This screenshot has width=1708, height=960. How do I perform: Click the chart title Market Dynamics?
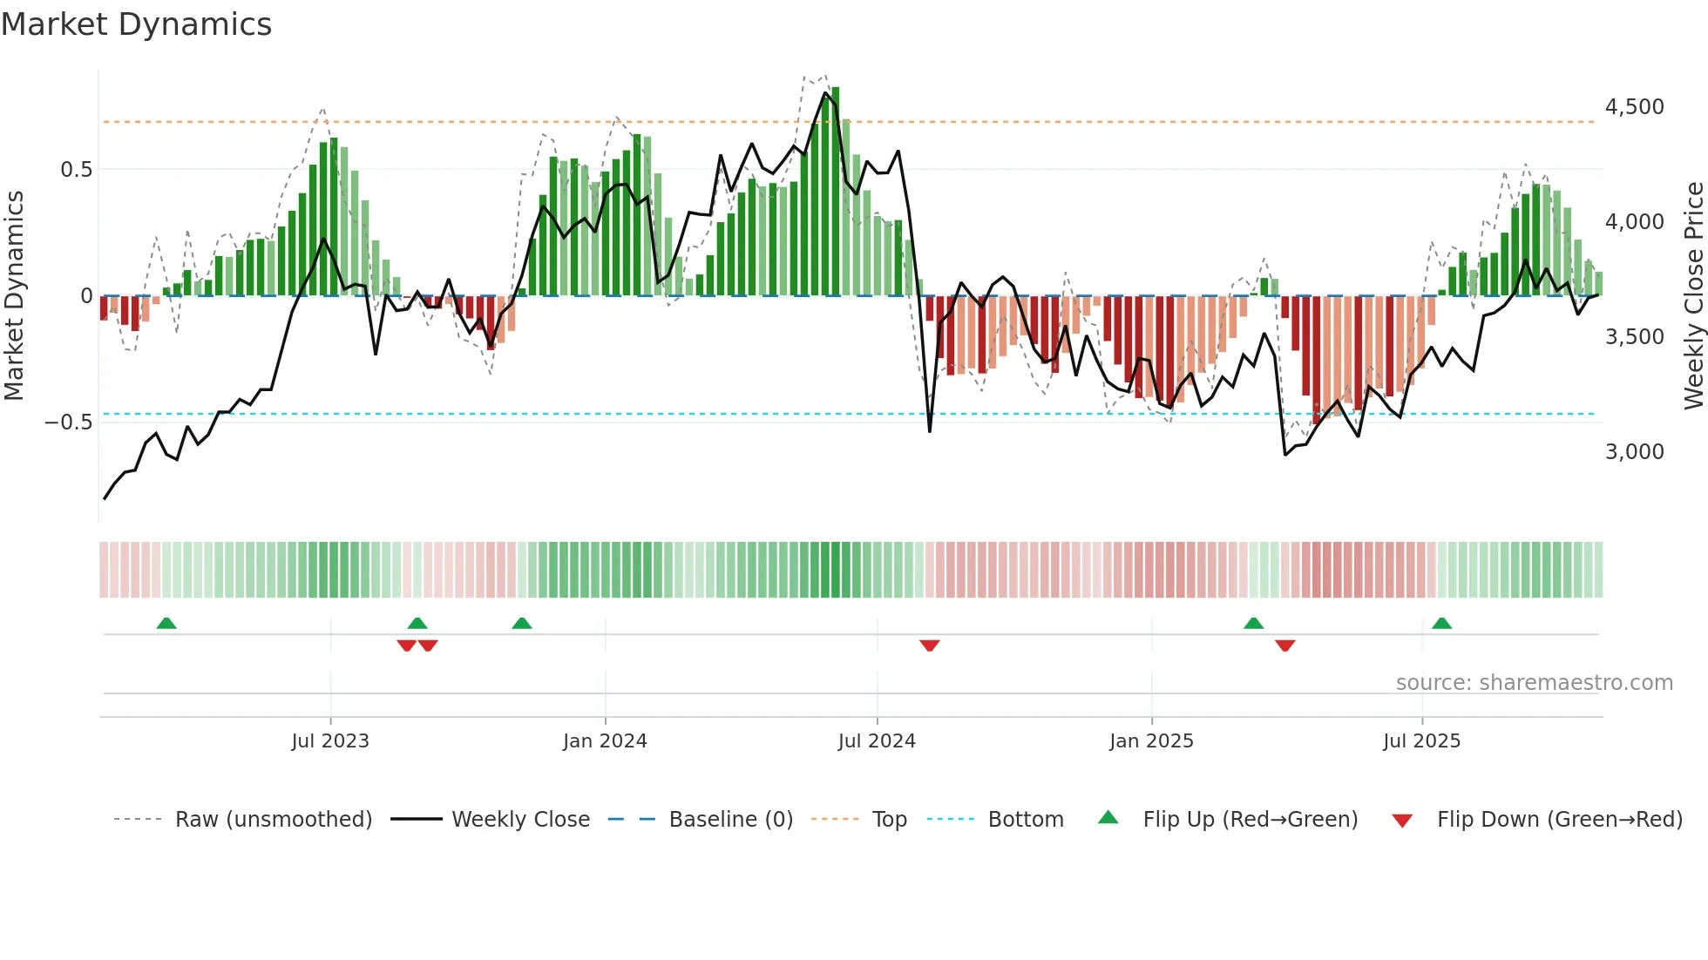click(137, 24)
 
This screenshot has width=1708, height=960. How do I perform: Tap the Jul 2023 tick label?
click(330, 741)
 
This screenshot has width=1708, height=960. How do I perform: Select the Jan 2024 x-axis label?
click(605, 741)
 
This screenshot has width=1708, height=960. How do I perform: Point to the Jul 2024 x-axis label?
click(877, 741)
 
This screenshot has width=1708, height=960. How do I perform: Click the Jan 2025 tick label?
click(1151, 741)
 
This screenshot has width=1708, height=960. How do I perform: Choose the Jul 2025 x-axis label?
click(1421, 741)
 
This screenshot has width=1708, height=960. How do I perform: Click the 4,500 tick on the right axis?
click(1634, 107)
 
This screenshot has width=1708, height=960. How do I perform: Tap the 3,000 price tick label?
click(1634, 452)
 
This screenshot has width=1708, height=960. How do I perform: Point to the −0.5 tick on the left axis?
click(69, 423)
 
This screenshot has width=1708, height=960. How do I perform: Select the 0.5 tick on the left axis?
click(76, 170)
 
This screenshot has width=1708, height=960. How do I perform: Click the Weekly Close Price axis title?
click(1693, 296)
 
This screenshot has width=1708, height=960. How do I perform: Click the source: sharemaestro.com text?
click(1534, 683)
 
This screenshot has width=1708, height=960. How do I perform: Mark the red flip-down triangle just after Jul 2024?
click(930, 646)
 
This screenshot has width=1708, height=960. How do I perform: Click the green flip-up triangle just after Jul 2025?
click(1441, 623)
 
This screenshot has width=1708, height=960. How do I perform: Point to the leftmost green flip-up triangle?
click(166, 623)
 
